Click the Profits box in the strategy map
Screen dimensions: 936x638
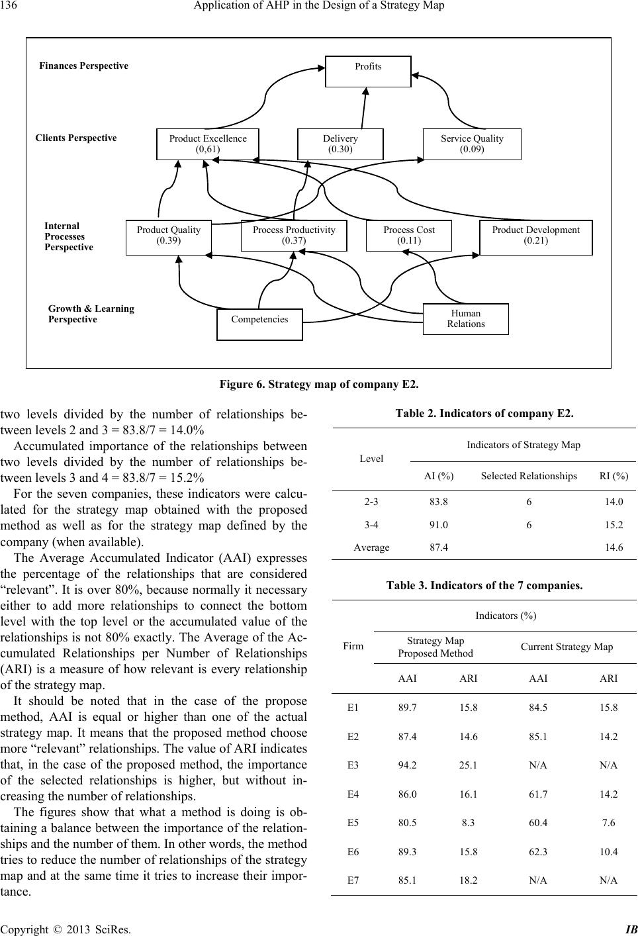click(x=368, y=71)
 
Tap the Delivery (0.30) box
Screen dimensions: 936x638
click(x=340, y=144)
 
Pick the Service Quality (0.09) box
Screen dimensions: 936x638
click(x=472, y=144)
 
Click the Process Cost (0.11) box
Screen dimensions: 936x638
click(x=408, y=235)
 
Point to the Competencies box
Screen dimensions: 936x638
click(x=259, y=324)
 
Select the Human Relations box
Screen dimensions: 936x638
click(x=465, y=318)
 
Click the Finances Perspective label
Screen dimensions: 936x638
click(x=84, y=66)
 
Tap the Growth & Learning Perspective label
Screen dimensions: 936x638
click(x=91, y=314)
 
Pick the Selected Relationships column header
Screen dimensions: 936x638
click(x=528, y=476)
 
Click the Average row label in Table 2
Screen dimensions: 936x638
click(x=371, y=547)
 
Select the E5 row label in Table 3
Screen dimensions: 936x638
click(x=353, y=823)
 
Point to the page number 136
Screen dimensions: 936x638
click(x=9, y=6)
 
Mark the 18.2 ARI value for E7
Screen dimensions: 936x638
click(x=468, y=880)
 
